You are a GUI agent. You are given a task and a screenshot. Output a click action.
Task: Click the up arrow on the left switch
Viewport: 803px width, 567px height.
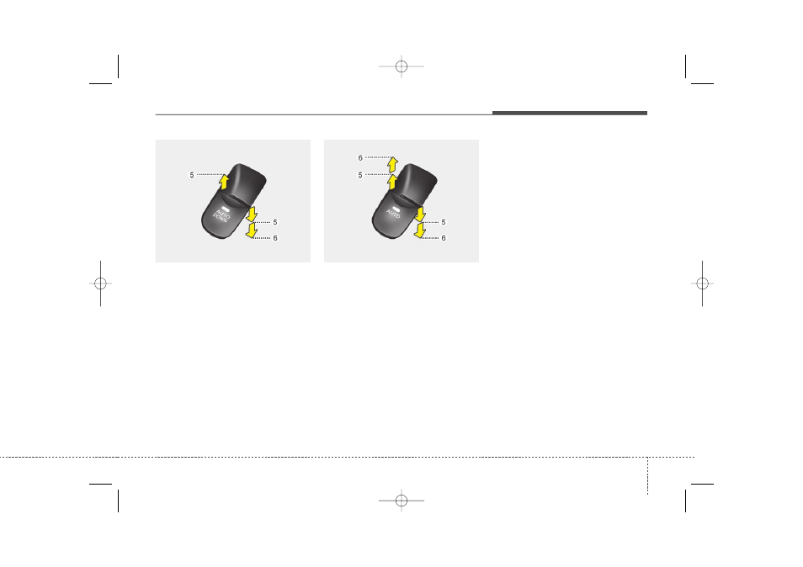click(224, 182)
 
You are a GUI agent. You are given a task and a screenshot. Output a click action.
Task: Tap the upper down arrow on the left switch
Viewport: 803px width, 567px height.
click(252, 214)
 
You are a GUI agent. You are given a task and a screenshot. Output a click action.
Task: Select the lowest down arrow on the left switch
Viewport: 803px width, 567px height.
click(252, 231)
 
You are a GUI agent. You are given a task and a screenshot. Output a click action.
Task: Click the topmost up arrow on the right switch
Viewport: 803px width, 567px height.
click(393, 165)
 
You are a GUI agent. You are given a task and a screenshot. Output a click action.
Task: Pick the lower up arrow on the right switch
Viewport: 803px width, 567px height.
click(393, 182)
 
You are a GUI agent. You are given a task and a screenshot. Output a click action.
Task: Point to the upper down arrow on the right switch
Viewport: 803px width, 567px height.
click(420, 214)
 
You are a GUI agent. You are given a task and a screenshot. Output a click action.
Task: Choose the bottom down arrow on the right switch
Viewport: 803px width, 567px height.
click(420, 231)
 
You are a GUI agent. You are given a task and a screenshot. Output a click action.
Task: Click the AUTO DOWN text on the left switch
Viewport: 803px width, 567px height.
click(222, 216)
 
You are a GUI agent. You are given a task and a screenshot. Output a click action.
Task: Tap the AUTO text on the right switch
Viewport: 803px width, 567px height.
click(393, 214)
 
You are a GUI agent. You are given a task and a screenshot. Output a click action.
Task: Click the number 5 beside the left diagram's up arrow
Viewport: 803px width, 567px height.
click(192, 175)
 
